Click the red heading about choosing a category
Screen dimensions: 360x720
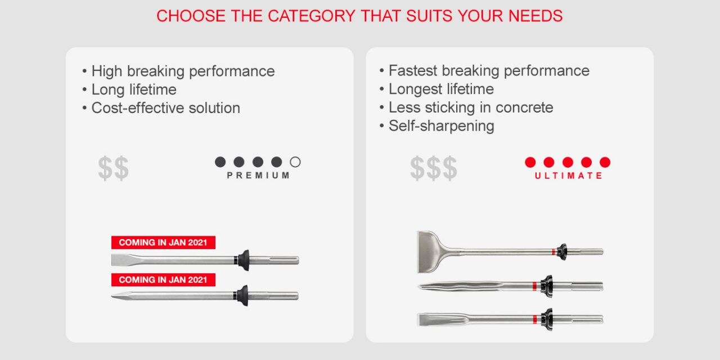tap(359, 16)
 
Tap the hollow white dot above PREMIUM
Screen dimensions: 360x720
tap(295, 162)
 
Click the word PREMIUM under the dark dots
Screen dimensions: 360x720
tap(258, 175)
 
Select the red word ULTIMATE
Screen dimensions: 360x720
tap(568, 175)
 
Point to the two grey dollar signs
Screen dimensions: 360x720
tap(113, 168)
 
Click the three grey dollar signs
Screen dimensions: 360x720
tap(433, 168)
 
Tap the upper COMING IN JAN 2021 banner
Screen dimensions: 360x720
tap(163, 242)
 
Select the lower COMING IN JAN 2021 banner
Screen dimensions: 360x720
tap(163, 280)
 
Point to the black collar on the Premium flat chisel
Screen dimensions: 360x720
tap(243, 260)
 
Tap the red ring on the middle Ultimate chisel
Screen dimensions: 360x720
tap(535, 286)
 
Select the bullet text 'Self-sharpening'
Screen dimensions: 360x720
tap(441, 125)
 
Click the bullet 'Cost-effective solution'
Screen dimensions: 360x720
tap(165, 108)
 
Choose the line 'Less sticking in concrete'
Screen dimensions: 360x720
tap(470, 107)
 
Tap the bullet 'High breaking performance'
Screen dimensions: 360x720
tap(183, 71)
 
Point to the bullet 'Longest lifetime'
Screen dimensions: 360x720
tap(441, 89)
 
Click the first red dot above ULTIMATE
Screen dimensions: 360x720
tap(530, 162)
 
